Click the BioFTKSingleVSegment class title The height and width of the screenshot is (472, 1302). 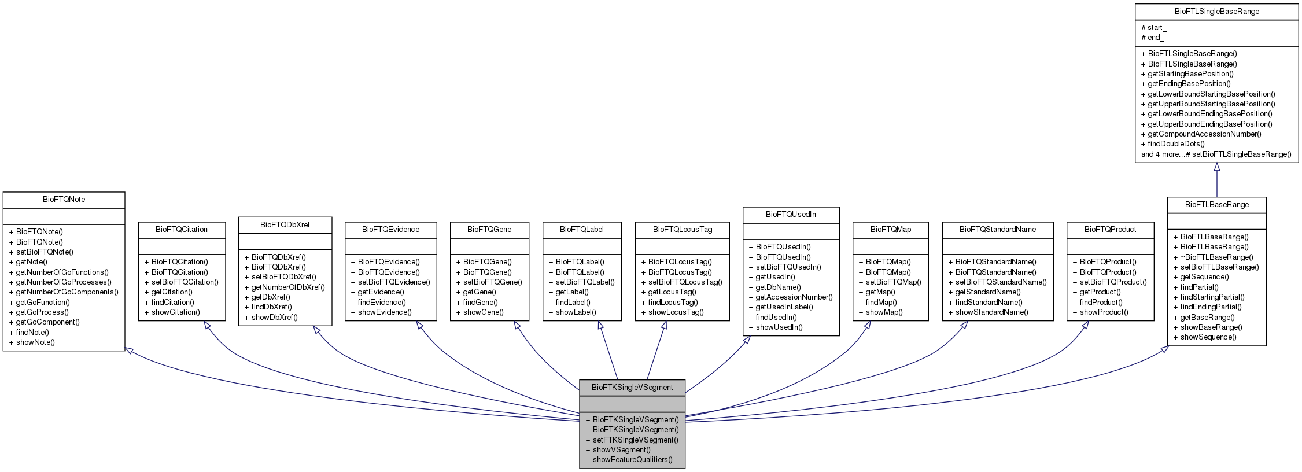tap(632, 387)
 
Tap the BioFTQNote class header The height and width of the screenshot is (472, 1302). tap(64, 199)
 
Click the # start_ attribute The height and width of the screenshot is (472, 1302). tap(1153, 27)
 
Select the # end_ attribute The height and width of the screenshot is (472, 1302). tap(1152, 37)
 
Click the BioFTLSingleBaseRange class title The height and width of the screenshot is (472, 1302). tap(1216, 11)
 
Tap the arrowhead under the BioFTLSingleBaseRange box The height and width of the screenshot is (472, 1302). tap(1216, 167)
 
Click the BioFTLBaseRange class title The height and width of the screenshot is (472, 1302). tap(1216, 204)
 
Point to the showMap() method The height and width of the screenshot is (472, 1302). tap(884, 312)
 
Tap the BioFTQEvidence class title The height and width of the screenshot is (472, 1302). tap(390, 229)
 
